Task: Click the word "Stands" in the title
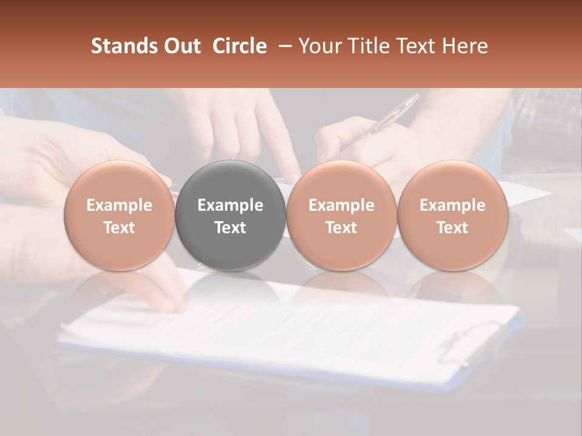123,46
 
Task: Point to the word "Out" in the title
181,46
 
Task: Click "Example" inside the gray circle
230,205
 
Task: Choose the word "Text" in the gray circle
230,228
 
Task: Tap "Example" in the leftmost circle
119,205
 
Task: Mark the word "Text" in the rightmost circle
452,228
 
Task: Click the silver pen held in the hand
388,118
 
